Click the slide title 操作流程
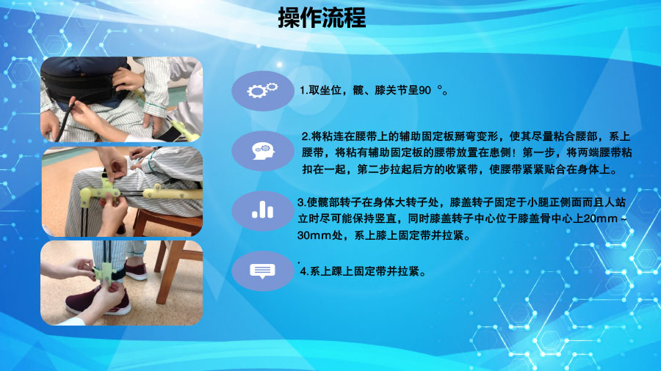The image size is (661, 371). pyautogui.click(x=322, y=18)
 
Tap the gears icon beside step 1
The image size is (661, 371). pyautogui.click(x=262, y=91)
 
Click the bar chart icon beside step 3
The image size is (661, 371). pyautogui.click(x=262, y=210)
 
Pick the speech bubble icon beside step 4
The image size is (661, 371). pyautogui.click(x=262, y=271)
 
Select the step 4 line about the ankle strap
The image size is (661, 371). pyautogui.click(x=364, y=271)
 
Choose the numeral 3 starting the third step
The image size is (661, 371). pyautogui.click(x=300, y=201)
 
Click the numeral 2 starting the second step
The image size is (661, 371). pyautogui.click(x=305, y=137)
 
